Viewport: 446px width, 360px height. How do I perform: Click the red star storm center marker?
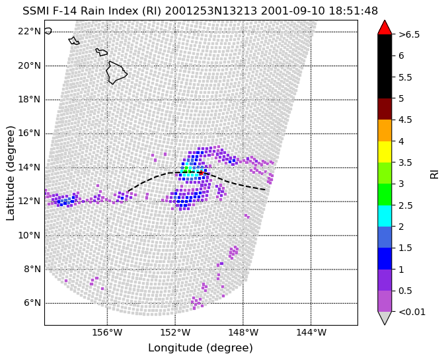pos(201,172)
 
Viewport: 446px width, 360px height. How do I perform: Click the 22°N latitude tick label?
pos(29,31)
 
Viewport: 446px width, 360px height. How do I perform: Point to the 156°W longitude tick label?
pos(107,332)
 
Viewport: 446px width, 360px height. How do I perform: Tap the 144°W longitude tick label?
pos(311,332)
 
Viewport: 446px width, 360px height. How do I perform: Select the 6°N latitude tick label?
pos(32,303)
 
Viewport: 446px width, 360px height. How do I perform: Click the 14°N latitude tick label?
pos(29,167)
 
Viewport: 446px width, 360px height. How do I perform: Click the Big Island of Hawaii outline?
pos(116,73)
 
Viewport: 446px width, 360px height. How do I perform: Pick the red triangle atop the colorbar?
pos(385,27)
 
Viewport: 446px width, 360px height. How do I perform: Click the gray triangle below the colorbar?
pos(385,318)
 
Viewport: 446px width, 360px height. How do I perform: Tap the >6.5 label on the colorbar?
pos(409,35)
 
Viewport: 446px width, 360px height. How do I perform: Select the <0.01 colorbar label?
pos(412,312)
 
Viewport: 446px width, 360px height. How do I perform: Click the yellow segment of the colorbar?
pos(385,152)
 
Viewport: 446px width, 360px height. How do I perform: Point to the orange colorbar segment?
pos(385,131)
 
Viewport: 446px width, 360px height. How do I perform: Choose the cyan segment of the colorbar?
pos(385,216)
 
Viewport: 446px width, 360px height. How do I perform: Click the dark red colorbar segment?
pos(385,109)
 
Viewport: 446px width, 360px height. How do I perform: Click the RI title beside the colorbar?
pos(434,173)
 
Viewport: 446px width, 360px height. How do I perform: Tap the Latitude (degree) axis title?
pos(10,173)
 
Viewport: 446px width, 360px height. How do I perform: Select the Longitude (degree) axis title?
pos(200,347)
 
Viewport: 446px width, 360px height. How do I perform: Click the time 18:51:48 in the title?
pos(353,11)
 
